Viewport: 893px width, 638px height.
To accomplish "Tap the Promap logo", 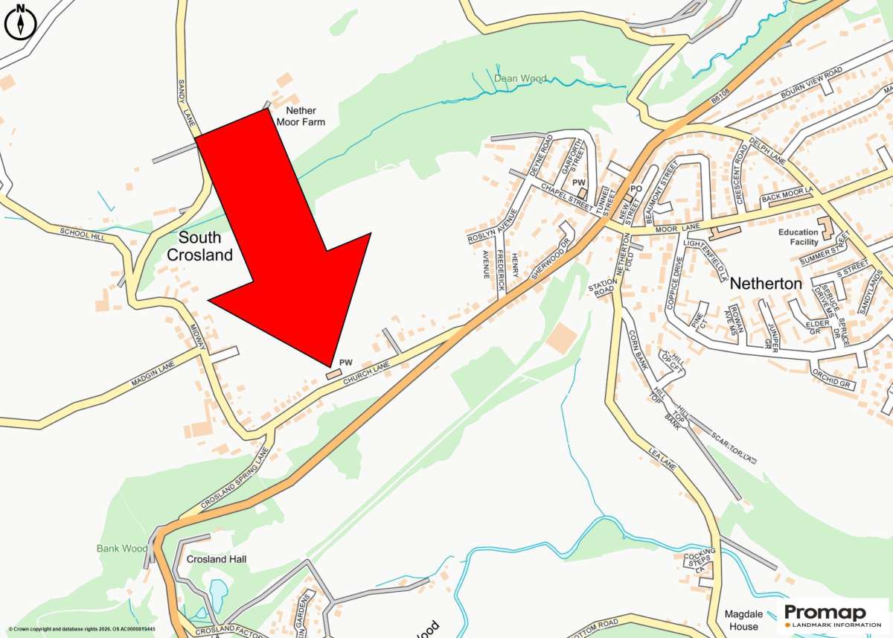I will (x=826, y=616).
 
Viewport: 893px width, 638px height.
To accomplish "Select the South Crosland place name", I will (x=199, y=246).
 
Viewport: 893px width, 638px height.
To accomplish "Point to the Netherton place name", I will (x=766, y=284).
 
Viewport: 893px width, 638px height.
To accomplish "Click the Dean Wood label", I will (x=519, y=78).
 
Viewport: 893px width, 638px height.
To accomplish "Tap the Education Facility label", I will (x=798, y=237).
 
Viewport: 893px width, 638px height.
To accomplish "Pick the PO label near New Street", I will (x=636, y=189).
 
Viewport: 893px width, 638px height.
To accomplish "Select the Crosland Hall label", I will (x=217, y=559).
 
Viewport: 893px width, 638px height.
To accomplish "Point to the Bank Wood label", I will (x=122, y=549).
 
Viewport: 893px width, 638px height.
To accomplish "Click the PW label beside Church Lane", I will (x=345, y=363).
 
